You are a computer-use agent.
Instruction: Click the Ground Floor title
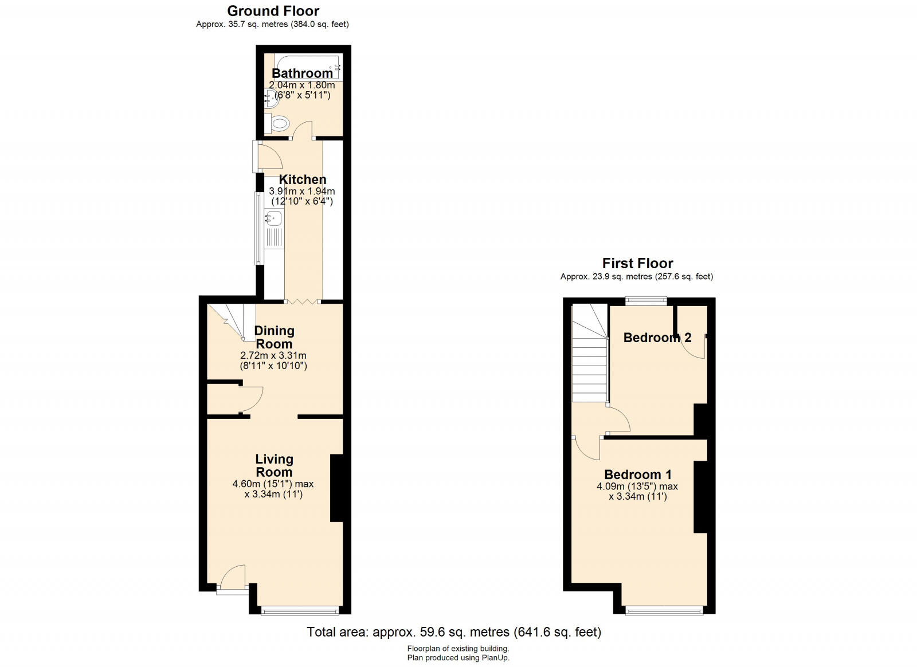pos(273,11)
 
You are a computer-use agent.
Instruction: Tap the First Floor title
pos(637,263)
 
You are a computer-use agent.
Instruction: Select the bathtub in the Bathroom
pos(308,66)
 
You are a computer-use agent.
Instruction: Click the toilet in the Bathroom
pos(277,123)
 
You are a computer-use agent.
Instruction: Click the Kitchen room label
pos(303,179)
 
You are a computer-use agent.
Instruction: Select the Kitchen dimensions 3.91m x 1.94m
pos(302,191)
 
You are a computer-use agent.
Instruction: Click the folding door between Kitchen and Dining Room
pos(302,302)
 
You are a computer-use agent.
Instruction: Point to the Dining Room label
pos(275,337)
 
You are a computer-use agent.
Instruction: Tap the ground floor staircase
pos(232,322)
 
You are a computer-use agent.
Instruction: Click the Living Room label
pos(275,465)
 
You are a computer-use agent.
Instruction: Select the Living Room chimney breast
pos(336,488)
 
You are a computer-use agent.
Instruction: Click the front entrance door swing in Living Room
pos(233,577)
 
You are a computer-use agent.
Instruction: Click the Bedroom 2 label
pos(657,338)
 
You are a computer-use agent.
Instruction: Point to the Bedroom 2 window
pos(646,300)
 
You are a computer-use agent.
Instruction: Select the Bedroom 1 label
pos(638,474)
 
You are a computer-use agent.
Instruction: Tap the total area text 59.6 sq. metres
pos(465,632)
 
